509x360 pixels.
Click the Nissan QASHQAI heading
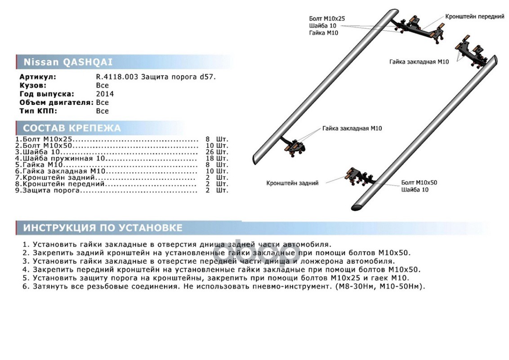point(68,62)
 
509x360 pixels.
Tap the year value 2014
point(105,94)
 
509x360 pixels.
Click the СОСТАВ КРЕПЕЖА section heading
point(72,128)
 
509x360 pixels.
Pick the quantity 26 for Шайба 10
point(210,152)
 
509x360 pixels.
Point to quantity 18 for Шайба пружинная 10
point(210,158)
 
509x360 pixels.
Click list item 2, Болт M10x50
point(44,145)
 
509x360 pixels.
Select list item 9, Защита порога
point(48,190)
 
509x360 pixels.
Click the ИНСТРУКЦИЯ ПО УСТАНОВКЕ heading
point(103,228)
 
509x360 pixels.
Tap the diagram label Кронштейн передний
point(474,17)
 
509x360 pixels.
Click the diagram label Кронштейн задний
point(292,183)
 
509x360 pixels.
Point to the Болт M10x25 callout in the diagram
point(327,19)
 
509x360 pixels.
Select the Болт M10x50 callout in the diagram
point(419,183)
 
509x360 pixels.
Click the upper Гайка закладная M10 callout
point(419,62)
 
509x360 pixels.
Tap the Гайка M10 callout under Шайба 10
point(323,33)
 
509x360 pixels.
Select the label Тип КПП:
point(38,111)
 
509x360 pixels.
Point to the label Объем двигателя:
point(57,103)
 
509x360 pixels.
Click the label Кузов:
point(33,86)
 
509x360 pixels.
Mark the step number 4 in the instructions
point(26,270)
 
